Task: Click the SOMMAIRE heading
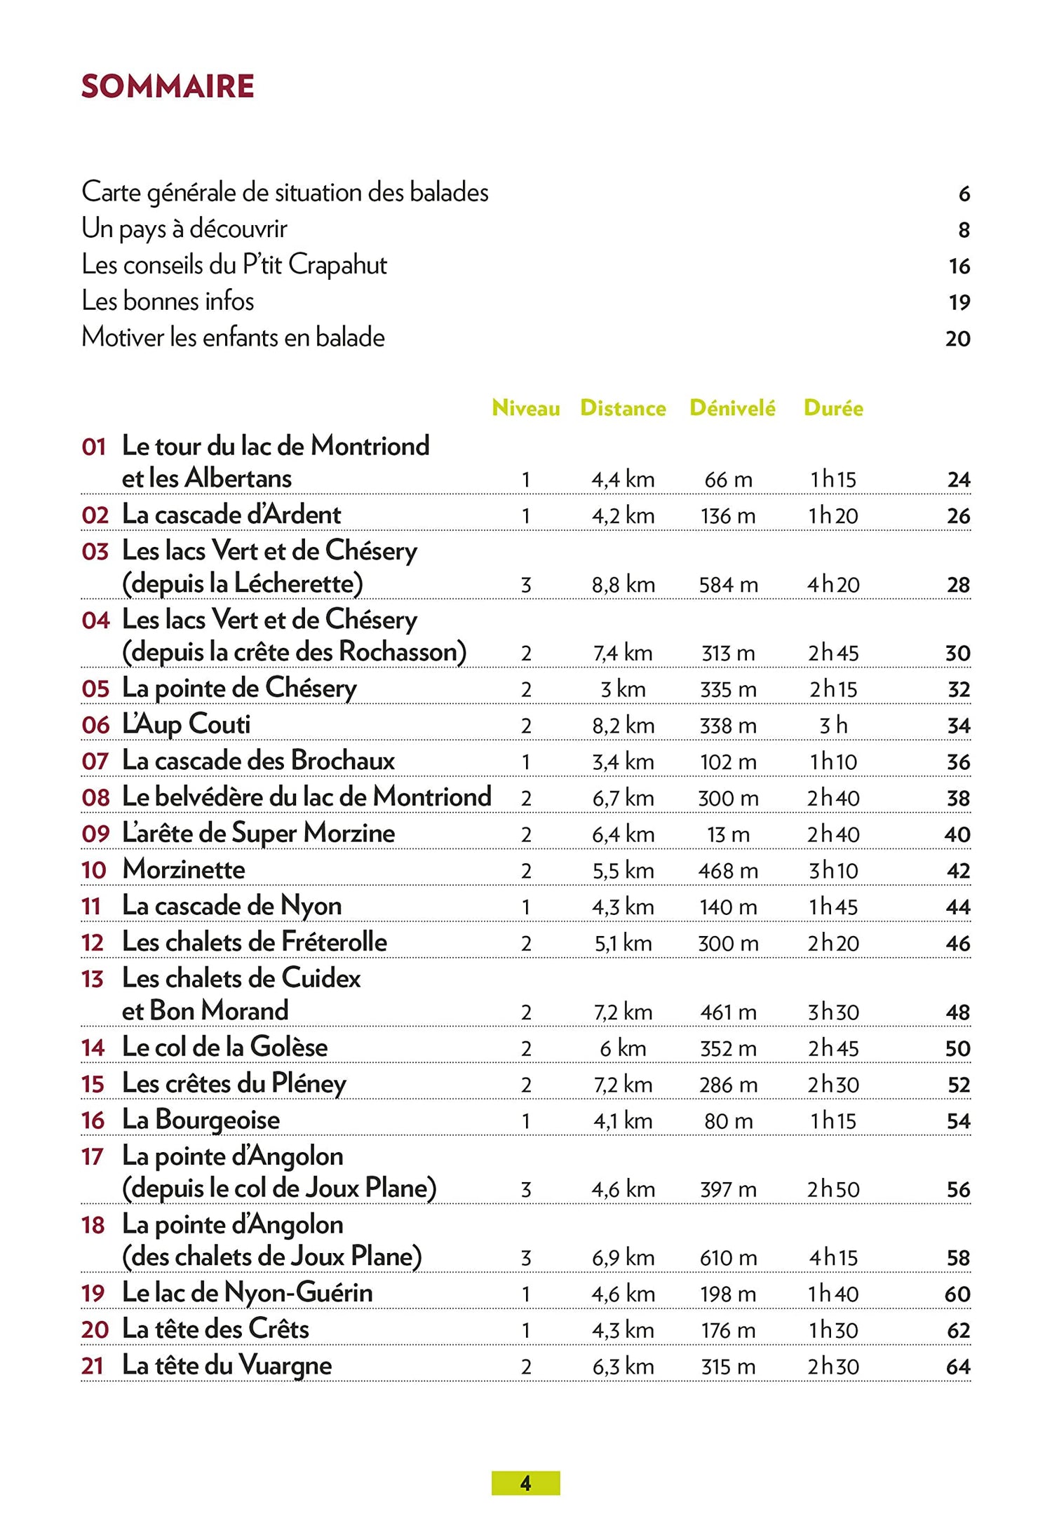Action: (168, 86)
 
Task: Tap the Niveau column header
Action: (525, 408)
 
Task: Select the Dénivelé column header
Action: (732, 408)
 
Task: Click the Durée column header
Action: (833, 408)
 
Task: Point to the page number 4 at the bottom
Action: (525, 1483)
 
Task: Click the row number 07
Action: (95, 761)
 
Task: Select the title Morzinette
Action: (184, 869)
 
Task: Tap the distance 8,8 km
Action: (623, 585)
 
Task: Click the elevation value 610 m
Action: (728, 1258)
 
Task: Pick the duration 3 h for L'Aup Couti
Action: (833, 726)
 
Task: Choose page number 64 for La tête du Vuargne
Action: (958, 1367)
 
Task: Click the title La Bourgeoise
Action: (201, 1120)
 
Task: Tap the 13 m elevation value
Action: (728, 834)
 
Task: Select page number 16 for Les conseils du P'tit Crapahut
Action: (959, 266)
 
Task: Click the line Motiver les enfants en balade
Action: (233, 337)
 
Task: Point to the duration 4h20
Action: (833, 585)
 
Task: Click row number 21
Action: (93, 1367)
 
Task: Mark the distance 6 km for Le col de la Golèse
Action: (623, 1049)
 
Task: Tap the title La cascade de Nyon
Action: (231, 906)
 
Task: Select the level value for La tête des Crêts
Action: (526, 1330)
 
